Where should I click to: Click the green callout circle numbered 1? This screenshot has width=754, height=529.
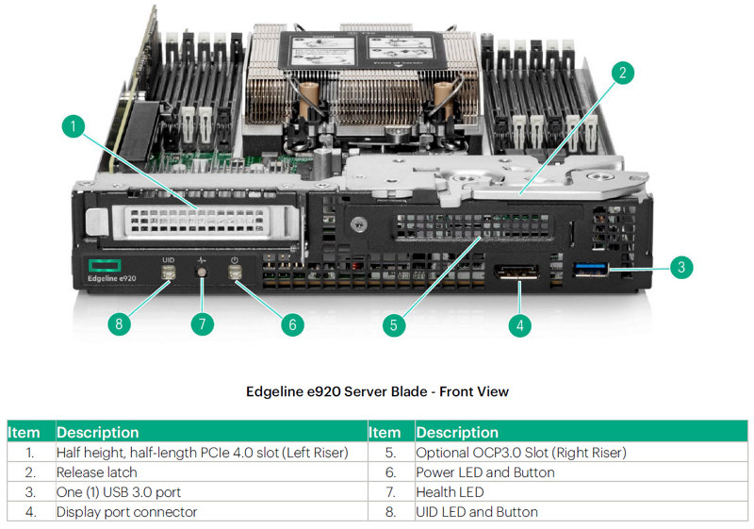point(74,125)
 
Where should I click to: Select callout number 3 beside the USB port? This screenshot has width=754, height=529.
point(680,267)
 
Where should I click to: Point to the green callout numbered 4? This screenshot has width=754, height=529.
point(519,324)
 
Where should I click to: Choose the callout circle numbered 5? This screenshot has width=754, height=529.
point(395,324)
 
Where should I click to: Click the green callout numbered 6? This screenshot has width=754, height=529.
point(291,323)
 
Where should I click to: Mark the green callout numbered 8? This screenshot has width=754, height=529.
point(118,323)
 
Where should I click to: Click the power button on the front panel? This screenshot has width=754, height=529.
point(235,273)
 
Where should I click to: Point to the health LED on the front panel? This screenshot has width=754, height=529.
point(202,274)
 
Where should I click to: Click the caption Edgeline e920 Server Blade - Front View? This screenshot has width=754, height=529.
point(377,391)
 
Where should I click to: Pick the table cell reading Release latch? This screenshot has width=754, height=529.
point(96,471)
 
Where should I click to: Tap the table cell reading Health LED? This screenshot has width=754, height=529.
point(449,491)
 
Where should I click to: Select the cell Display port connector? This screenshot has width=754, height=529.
point(126,511)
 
